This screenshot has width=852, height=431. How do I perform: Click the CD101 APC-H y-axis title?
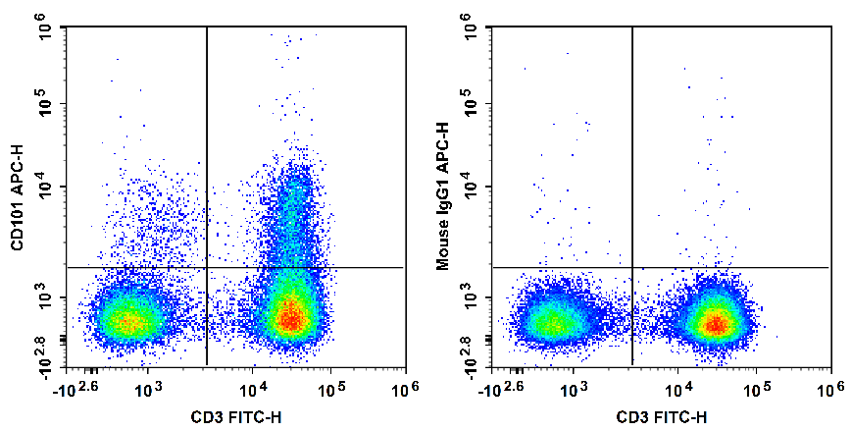(17, 196)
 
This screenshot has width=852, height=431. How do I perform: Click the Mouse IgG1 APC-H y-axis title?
(442, 196)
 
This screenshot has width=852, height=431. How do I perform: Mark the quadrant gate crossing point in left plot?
(207, 267)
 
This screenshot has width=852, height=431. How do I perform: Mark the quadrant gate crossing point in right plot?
(632, 267)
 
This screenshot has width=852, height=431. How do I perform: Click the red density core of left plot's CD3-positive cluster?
(288, 316)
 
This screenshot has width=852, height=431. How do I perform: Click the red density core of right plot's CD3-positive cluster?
(717, 323)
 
